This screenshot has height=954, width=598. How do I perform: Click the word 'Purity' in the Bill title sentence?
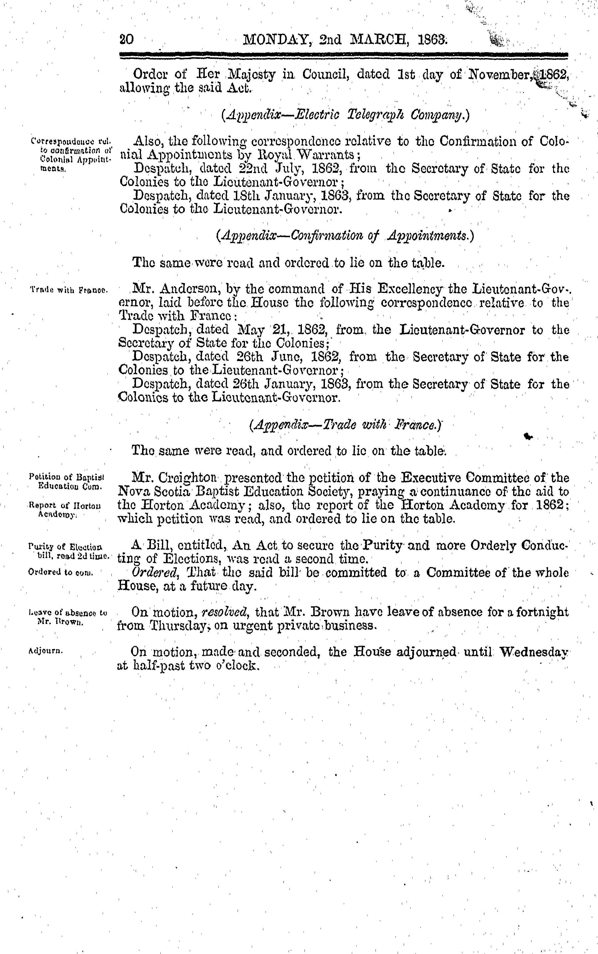click(383, 545)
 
